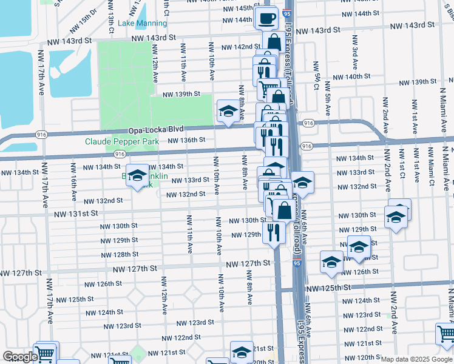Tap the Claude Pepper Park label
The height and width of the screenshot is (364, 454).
(121, 141)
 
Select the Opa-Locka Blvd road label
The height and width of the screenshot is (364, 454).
(155, 130)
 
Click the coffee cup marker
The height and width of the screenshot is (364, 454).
(266, 18)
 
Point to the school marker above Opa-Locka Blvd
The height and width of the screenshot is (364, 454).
(228, 111)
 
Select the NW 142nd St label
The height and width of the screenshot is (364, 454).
(241, 47)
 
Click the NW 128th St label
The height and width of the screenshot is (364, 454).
(120, 254)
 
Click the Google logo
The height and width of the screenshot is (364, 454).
(19, 357)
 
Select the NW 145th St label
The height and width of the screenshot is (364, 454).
(235, 8)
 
